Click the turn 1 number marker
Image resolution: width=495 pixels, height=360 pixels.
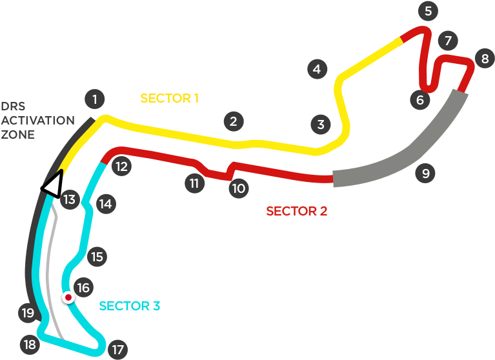coord(94,99)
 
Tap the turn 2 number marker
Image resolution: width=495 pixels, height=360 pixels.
coord(233,121)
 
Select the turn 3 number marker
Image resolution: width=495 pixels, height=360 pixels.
coord(320,125)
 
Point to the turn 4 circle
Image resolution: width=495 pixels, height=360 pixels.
coord(316,69)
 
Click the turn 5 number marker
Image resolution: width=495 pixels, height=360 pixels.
coord(427,11)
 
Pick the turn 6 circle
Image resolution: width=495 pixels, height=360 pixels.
coord(419,100)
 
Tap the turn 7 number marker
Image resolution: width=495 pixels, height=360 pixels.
coord(448,41)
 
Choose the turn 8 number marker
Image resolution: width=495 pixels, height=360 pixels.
coord(485,59)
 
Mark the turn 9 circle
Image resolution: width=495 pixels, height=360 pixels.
coord(424,173)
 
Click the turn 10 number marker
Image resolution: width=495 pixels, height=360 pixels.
coord(238,188)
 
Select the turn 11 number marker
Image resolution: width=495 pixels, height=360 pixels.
coord(194,183)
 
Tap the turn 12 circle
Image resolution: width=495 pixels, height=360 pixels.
coord(121,167)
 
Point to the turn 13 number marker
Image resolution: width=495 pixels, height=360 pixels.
coord(69,200)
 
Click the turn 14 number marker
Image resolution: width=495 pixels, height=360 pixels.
coord(105,205)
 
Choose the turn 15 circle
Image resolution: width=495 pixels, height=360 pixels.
coord(96,257)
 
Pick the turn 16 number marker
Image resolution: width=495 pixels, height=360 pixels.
coord(83,288)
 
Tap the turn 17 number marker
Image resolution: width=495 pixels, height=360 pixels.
coord(117,350)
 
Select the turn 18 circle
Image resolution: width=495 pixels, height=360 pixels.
coord(29,345)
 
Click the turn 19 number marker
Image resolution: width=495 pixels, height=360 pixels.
coord(26,314)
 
